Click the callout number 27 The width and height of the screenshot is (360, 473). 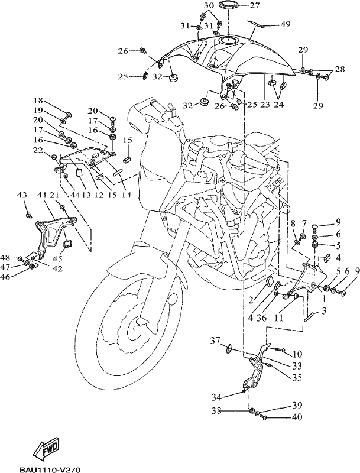255,5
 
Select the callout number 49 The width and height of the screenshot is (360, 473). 286,24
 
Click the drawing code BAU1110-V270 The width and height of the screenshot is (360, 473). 50,469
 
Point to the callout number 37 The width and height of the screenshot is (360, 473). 215,342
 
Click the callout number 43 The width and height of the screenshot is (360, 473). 22,196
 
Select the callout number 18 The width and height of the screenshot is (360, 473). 38,100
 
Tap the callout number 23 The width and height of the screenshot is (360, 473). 265,105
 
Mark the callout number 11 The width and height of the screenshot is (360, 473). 278,318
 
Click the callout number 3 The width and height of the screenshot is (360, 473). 324,312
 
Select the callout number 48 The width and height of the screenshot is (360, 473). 5,258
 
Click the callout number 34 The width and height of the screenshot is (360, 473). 216,397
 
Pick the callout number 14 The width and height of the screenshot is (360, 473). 126,195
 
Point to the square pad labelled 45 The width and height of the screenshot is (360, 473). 67,244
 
